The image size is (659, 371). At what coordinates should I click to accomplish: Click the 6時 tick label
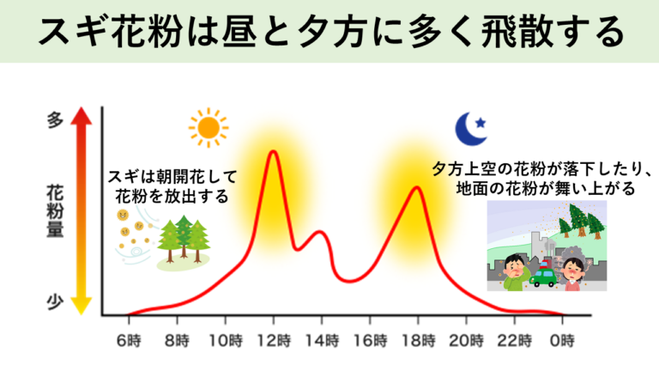[x=129, y=341]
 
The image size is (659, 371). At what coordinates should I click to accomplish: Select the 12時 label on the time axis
[x=274, y=341]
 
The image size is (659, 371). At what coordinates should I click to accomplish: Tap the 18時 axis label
[x=418, y=341]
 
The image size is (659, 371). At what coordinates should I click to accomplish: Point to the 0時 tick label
[x=562, y=341]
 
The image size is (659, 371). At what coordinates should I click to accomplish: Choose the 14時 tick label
[x=322, y=341]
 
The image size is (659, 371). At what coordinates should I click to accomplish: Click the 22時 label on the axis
[x=515, y=341]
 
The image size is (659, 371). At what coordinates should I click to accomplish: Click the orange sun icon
[x=209, y=128]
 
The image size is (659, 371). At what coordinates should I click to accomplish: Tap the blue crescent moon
[x=469, y=129]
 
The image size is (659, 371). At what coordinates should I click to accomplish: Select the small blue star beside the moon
[x=481, y=123]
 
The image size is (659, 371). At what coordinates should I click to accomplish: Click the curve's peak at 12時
[x=274, y=151]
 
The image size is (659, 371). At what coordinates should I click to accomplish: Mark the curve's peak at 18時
[x=417, y=187]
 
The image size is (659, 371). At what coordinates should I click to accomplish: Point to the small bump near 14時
[x=319, y=232]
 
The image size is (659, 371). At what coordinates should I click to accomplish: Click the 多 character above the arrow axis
[x=55, y=120]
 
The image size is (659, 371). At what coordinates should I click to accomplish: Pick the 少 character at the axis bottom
[x=55, y=302]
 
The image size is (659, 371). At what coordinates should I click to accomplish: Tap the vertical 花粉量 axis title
[x=55, y=211]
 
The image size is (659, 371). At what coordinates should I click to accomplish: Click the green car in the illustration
[x=543, y=276]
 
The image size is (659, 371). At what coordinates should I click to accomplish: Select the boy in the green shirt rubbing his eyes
[x=513, y=272]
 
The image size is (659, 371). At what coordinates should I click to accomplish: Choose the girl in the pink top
[x=572, y=274]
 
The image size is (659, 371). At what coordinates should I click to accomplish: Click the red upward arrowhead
[x=82, y=115]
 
